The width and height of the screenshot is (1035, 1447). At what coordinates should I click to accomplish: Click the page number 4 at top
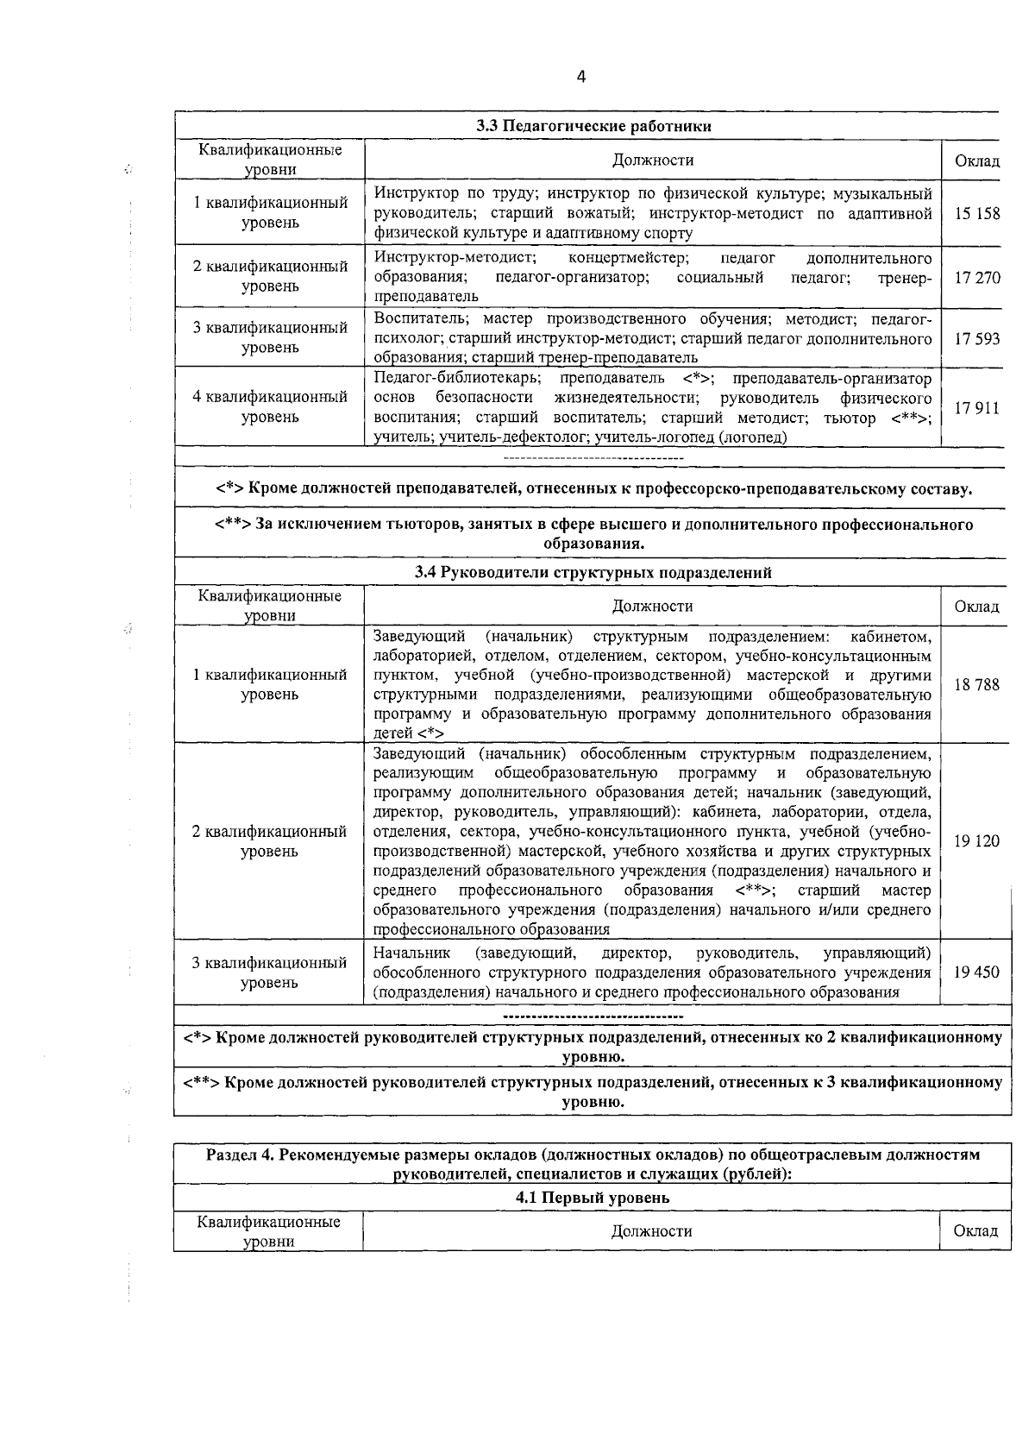click(x=580, y=78)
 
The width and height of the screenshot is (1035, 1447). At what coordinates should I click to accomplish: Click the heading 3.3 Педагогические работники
click(x=594, y=126)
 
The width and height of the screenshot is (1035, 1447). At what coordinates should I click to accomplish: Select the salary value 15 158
click(x=976, y=212)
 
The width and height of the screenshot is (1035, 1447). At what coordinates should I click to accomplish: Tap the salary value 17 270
click(x=976, y=278)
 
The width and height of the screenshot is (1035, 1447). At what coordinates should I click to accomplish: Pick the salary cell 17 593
click(x=976, y=338)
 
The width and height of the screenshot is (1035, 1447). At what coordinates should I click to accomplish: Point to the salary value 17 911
click(x=976, y=407)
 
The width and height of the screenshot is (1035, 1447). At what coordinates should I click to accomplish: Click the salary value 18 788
click(x=976, y=684)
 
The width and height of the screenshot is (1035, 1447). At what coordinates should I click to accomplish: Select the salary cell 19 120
click(x=976, y=841)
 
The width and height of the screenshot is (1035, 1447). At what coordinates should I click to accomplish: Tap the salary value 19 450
click(x=976, y=972)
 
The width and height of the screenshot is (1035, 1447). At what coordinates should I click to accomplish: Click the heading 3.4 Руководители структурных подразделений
click(x=593, y=572)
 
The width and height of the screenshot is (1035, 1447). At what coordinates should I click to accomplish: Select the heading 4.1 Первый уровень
click(x=592, y=1198)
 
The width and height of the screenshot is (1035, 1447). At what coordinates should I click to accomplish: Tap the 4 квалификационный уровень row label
click(x=269, y=406)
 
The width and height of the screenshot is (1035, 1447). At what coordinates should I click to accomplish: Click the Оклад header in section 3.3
click(x=976, y=160)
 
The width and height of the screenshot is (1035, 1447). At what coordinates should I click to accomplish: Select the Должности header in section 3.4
click(x=652, y=606)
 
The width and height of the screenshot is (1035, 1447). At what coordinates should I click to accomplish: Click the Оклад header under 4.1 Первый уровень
click(x=975, y=1231)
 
